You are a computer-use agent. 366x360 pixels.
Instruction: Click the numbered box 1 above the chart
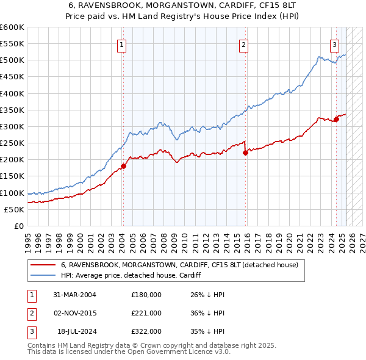[122, 45]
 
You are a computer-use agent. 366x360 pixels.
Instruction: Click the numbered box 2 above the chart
[243, 45]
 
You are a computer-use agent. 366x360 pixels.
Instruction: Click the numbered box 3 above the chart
[335, 45]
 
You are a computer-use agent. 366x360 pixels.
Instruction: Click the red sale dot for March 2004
[123, 166]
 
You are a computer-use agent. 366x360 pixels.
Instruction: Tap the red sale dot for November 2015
[245, 153]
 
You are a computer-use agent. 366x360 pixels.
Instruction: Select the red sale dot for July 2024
[336, 119]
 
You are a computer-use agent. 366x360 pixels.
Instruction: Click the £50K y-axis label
[15, 209]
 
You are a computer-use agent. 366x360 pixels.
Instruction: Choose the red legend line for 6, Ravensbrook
[44, 265]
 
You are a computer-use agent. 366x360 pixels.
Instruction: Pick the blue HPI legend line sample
[44, 276]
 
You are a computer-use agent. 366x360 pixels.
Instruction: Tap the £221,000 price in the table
[146, 313]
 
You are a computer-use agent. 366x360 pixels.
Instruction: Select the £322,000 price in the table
[146, 331]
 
